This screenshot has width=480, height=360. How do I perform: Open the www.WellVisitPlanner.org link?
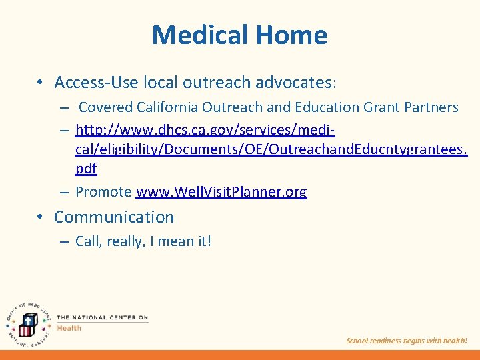point(221,192)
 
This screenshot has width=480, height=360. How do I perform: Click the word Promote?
point(103,192)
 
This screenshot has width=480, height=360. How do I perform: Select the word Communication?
point(114,217)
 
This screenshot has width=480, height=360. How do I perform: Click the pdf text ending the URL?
point(86,169)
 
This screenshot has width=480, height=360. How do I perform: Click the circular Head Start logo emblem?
point(26,321)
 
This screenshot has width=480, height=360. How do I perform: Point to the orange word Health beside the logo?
point(69,327)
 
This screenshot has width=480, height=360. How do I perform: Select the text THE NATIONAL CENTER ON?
point(102,317)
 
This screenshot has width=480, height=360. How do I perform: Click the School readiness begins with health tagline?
point(407,341)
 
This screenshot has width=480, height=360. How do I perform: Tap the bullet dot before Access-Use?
point(41,83)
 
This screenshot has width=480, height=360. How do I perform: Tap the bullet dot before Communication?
point(41,217)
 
